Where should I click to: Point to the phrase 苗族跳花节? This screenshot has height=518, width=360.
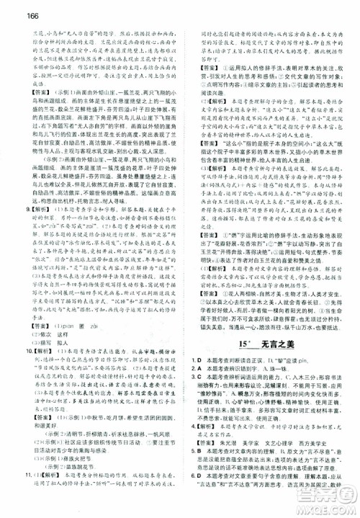[x=80, y=488]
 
